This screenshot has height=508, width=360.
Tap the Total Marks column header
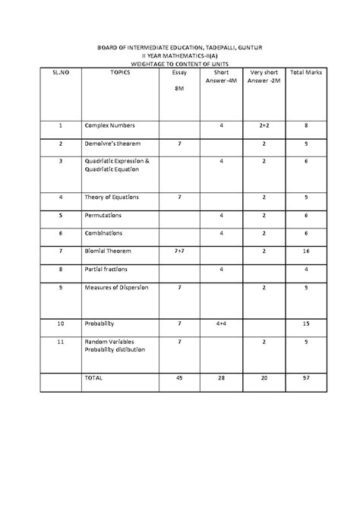305,72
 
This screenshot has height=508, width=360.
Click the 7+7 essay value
179,251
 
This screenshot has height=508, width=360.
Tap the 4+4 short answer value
221,323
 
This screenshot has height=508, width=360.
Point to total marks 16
305,251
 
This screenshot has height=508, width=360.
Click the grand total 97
305,377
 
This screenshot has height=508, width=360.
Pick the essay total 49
179,377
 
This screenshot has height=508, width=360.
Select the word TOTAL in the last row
95,377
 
